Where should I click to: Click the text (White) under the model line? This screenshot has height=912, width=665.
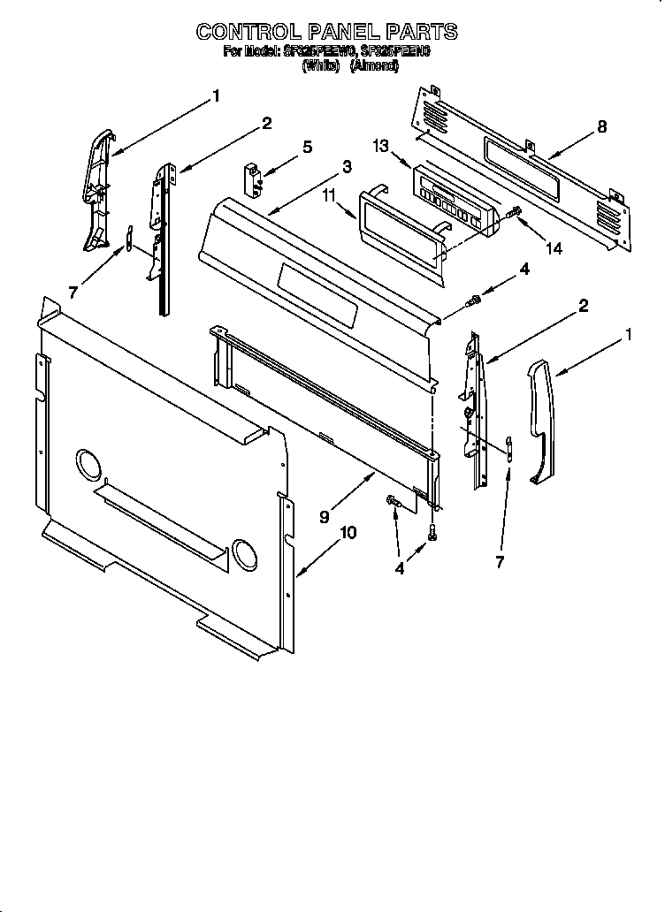pyautogui.click(x=320, y=66)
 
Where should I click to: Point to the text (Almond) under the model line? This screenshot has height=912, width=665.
pyautogui.click(x=375, y=66)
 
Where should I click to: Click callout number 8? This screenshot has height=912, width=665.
pyautogui.click(x=601, y=126)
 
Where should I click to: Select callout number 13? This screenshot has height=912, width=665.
pyautogui.click(x=381, y=147)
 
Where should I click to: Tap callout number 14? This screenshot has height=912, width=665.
pyautogui.click(x=554, y=248)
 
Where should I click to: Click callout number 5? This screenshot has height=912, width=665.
pyautogui.click(x=307, y=147)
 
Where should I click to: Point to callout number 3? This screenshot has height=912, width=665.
pyautogui.click(x=347, y=166)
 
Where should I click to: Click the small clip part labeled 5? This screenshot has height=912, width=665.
pyautogui.click(x=255, y=178)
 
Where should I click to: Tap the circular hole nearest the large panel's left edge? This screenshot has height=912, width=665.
pyautogui.click(x=88, y=463)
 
